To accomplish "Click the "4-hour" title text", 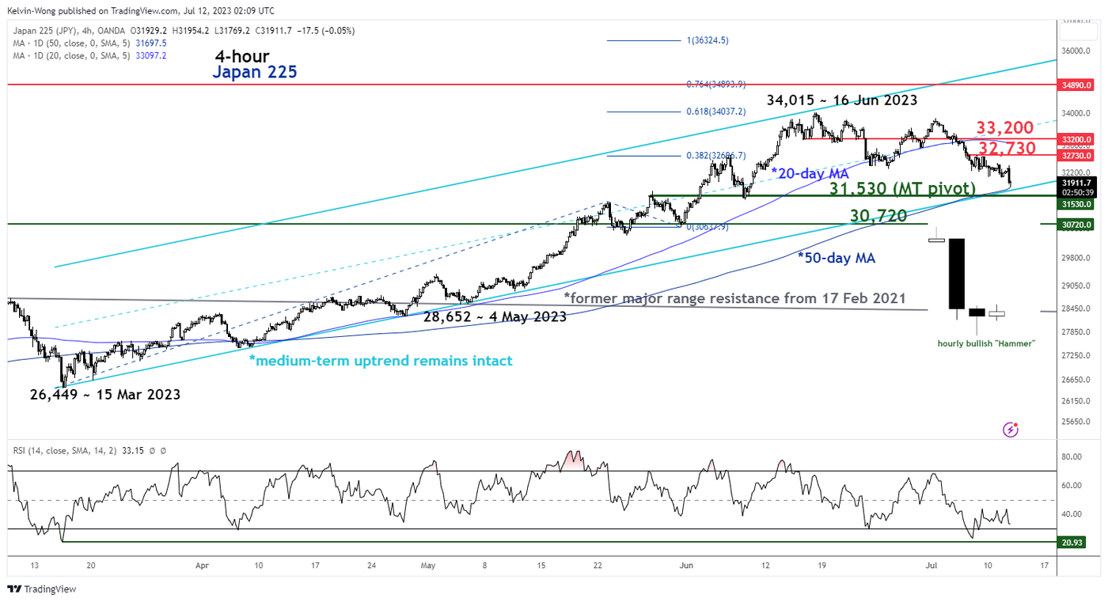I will click(x=242, y=56).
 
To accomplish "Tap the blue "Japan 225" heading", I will click(x=253, y=73).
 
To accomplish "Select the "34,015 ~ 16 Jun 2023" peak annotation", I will click(x=841, y=100).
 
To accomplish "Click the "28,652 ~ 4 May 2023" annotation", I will click(x=491, y=316).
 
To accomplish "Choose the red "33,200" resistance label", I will click(x=1004, y=127).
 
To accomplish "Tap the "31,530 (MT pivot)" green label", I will click(x=902, y=189).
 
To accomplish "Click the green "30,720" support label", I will click(x=878, y=215).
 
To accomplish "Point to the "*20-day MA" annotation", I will click(x=809, y=172).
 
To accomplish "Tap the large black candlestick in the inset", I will click(x=956, y=273).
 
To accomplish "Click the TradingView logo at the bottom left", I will click(x=41, y=589).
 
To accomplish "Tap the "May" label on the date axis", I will click(x=428, y=566).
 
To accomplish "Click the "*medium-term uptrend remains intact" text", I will click(x=381, y=361).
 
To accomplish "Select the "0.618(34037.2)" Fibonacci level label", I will click(x=715, y=112).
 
